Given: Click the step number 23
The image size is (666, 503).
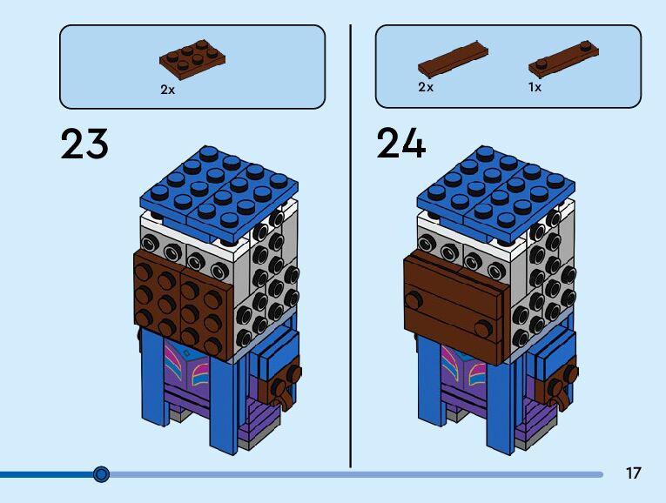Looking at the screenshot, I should (85, 144).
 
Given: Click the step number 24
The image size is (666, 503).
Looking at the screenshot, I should (401, 144).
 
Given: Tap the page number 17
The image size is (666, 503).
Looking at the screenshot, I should (633, 473).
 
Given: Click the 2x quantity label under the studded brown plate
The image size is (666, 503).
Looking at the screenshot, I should (167, 89).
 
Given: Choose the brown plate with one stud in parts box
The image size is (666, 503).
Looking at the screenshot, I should (562, 57).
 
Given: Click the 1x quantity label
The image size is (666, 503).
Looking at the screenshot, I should (535, 88).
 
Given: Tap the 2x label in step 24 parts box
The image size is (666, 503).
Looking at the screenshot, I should (426, 88).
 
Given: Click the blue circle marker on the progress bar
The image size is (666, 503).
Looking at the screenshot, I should (101, 474).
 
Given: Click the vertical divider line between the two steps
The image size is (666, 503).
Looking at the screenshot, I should (350, 244).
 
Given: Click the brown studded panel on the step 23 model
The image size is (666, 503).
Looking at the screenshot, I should (183, 305).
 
